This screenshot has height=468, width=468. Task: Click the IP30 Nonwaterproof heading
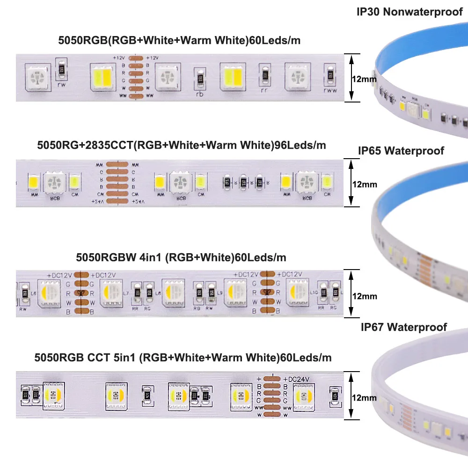[x=409, y=12]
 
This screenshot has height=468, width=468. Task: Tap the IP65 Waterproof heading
[x=401, y=151]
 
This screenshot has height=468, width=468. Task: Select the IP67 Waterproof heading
[x=403, y=327]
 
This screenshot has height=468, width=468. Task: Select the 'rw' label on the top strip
[x=61, y=85]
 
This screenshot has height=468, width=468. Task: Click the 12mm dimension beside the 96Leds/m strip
[x=365, y=184]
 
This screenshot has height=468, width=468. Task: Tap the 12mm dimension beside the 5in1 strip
[x=364, y=398]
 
